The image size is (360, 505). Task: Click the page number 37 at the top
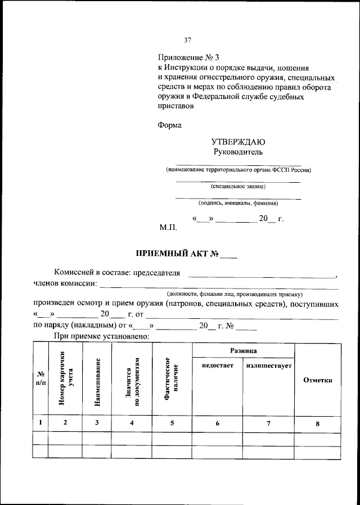pos(188,40)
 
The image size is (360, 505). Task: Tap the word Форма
pos(169,125)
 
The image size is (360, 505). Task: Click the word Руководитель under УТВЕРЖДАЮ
pos(237,152)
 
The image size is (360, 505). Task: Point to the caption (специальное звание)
pos(238,186)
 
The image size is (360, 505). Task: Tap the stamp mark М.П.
pos(168,228)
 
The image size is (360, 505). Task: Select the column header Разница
pos(244,350)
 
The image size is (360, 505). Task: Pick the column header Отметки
pos(318,380)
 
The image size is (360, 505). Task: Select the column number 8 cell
pos(318,423)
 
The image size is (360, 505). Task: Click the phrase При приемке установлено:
pos(101,336)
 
